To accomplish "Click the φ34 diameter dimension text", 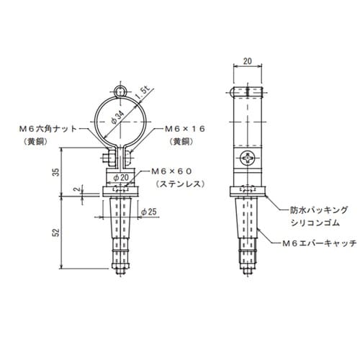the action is [117, 117].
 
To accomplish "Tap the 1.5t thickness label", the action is [143, 94].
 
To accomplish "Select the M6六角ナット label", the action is [48, 129].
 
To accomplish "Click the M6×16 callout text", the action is [184, 129].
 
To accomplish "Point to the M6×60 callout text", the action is [172, 171].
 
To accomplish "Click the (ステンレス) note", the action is [181, 184].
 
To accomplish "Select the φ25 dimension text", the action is [149, 212].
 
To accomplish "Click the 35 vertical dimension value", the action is [56, 172].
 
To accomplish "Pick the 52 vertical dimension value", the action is [56, 233].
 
